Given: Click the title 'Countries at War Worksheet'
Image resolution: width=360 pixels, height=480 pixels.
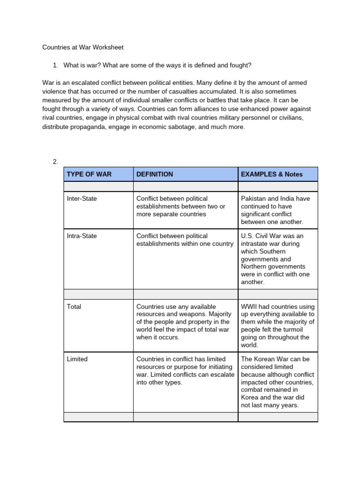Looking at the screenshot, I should pyautogui.click(x=83, y=47).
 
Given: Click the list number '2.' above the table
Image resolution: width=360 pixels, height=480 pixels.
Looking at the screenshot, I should pyautogui.click(x=55, y=162).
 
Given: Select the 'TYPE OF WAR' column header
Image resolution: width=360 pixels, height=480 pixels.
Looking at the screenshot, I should pyautogui.click(x=89, y=174).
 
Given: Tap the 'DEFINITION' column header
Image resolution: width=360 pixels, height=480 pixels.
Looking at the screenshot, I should pyautogui.click(x=154, y=174).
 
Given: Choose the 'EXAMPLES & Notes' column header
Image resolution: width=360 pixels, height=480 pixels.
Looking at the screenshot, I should pyautogui.click(x=271, y=174).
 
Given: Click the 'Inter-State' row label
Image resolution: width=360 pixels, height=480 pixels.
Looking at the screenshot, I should pyautogui.click(x=82, y=198).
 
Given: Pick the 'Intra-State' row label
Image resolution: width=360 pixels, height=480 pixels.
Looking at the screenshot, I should pyautogui.click(x=82, y=236).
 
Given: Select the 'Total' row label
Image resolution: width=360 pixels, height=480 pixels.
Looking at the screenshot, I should pyautogui.click(x=74, y=307).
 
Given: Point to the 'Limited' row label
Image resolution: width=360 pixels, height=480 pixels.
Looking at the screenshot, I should pyautogui.click(x=77, y=359).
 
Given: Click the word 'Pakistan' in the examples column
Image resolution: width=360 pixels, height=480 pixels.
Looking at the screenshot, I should pyautogui.click(x=253, y=198).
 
